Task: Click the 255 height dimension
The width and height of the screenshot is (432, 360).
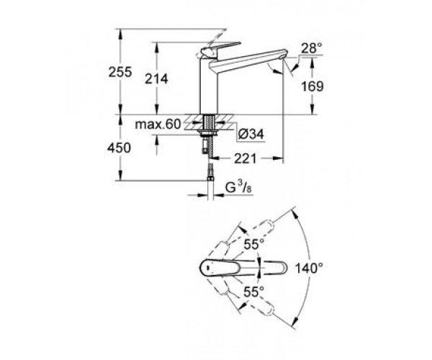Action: (120, 72)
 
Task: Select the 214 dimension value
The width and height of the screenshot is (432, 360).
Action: (156, 79)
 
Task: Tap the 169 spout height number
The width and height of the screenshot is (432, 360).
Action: (312, 86)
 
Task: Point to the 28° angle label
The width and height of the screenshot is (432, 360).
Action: (312, 48)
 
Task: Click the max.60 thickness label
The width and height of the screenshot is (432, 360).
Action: (158, 125)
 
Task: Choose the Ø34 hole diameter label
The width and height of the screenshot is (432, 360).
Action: (251, 134)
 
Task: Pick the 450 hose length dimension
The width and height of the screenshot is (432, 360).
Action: (119, 148)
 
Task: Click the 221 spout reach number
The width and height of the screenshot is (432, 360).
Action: (246, 158)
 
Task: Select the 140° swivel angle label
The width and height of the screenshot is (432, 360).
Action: (309, 268)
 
